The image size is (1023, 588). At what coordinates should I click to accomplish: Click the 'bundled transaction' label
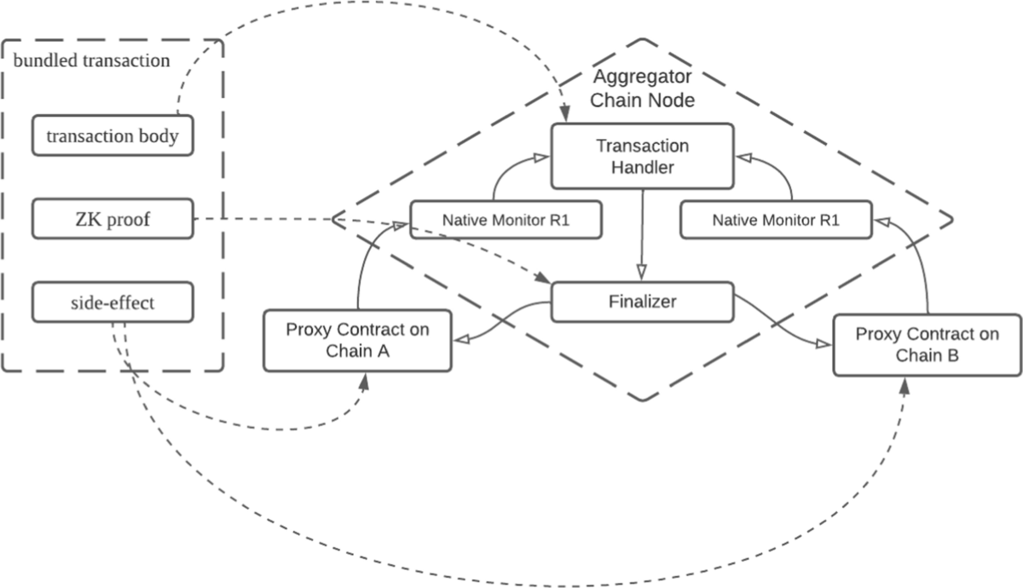point(91,61)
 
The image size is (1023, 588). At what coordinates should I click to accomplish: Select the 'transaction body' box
point(113,136)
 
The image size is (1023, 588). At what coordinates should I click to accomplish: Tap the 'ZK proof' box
point(113,219)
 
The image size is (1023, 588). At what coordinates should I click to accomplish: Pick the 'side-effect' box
point(113,303)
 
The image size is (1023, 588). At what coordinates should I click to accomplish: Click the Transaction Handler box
point(642,156)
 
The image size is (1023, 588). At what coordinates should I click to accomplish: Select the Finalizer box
point(642,302)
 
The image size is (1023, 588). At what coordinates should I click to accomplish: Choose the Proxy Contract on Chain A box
point(357,340)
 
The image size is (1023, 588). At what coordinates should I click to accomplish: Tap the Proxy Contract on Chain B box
point(927,344)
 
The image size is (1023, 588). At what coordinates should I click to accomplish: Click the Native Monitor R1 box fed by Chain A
point(506,219)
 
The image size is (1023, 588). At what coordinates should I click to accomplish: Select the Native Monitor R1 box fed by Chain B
point(776,219)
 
